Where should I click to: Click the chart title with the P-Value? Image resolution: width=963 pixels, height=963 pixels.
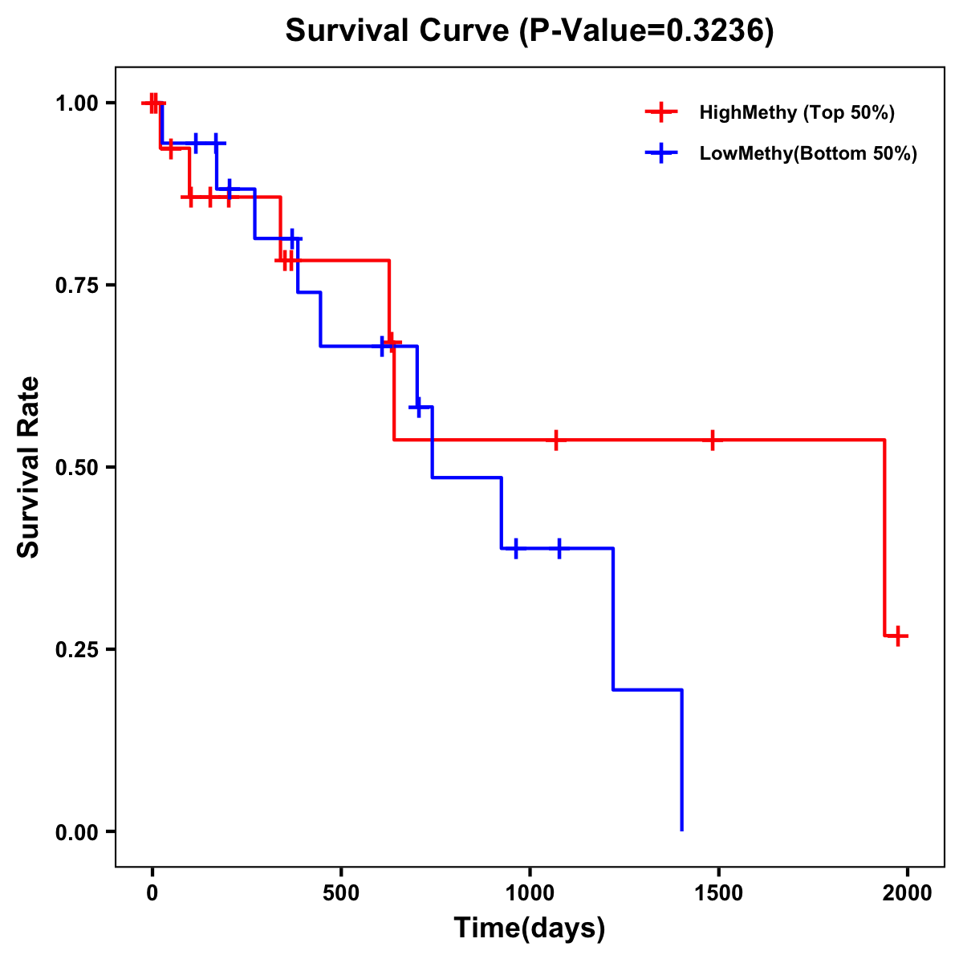tap(530, 31)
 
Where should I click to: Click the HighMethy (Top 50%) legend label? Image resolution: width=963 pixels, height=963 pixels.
tap(796, 112)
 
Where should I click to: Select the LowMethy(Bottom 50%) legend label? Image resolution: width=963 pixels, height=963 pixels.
tap(807, 153)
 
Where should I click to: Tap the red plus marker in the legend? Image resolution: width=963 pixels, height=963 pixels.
tap(661, 112)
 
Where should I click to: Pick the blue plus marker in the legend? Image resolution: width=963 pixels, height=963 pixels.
tap(661, 153)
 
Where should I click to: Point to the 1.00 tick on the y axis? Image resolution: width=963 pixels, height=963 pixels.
tap(76, 104)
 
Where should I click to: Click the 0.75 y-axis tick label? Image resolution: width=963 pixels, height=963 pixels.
tap(76, 286)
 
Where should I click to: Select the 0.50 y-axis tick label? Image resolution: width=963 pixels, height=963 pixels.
tap(76, 468)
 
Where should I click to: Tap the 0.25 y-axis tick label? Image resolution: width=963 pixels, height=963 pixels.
tap(76, 650)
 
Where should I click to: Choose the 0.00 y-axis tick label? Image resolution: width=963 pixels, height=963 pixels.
tap(76, 832)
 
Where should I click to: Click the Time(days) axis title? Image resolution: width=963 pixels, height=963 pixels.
tap(530, 928)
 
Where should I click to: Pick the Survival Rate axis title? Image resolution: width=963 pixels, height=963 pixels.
tap(29, 467)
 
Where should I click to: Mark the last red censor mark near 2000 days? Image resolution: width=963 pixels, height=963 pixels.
tap(898, 636)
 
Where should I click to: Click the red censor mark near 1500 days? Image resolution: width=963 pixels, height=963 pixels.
tap(712, 440)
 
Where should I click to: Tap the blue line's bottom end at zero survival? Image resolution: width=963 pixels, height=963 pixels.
tap(681, 829)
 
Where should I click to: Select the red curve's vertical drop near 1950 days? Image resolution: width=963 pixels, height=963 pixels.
tap(884, 538)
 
